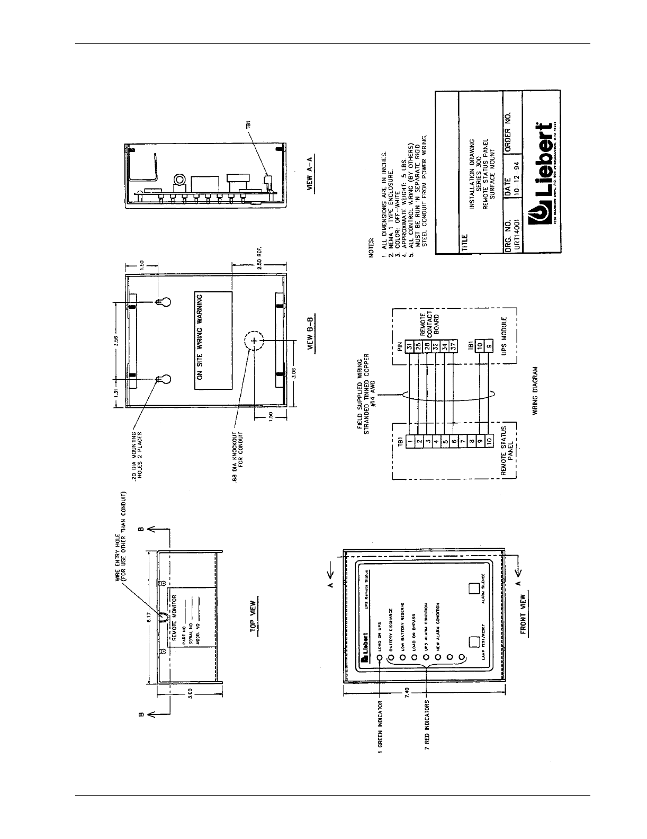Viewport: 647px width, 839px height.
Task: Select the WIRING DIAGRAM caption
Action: tap(535, 391)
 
